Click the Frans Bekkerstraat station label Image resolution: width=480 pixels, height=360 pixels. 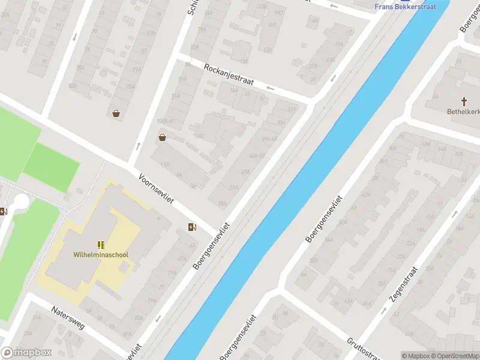(x=405, y=7)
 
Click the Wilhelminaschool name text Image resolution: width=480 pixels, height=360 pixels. (x=101, y=255)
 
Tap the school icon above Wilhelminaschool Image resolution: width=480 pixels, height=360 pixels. (x=101, y=244)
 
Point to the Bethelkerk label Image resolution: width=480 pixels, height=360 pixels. (x=463, y=112)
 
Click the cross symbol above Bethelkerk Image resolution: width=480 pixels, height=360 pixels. (x=464, y=101)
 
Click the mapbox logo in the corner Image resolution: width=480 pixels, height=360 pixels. (x=26, y=353)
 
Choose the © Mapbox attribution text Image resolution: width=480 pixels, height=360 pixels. (x=416, y=356)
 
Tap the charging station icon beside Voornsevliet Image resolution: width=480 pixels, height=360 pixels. (x=192, y=226)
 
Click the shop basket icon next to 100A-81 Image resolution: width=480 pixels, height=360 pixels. (x=162, y=137)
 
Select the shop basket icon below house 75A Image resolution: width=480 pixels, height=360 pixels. (x=116, y=113)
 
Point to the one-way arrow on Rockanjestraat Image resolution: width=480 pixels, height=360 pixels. (x=270, y=88)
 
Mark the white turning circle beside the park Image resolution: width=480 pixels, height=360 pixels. (x=22, y=202)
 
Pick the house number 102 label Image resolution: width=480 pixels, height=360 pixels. (x=200, y=136)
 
